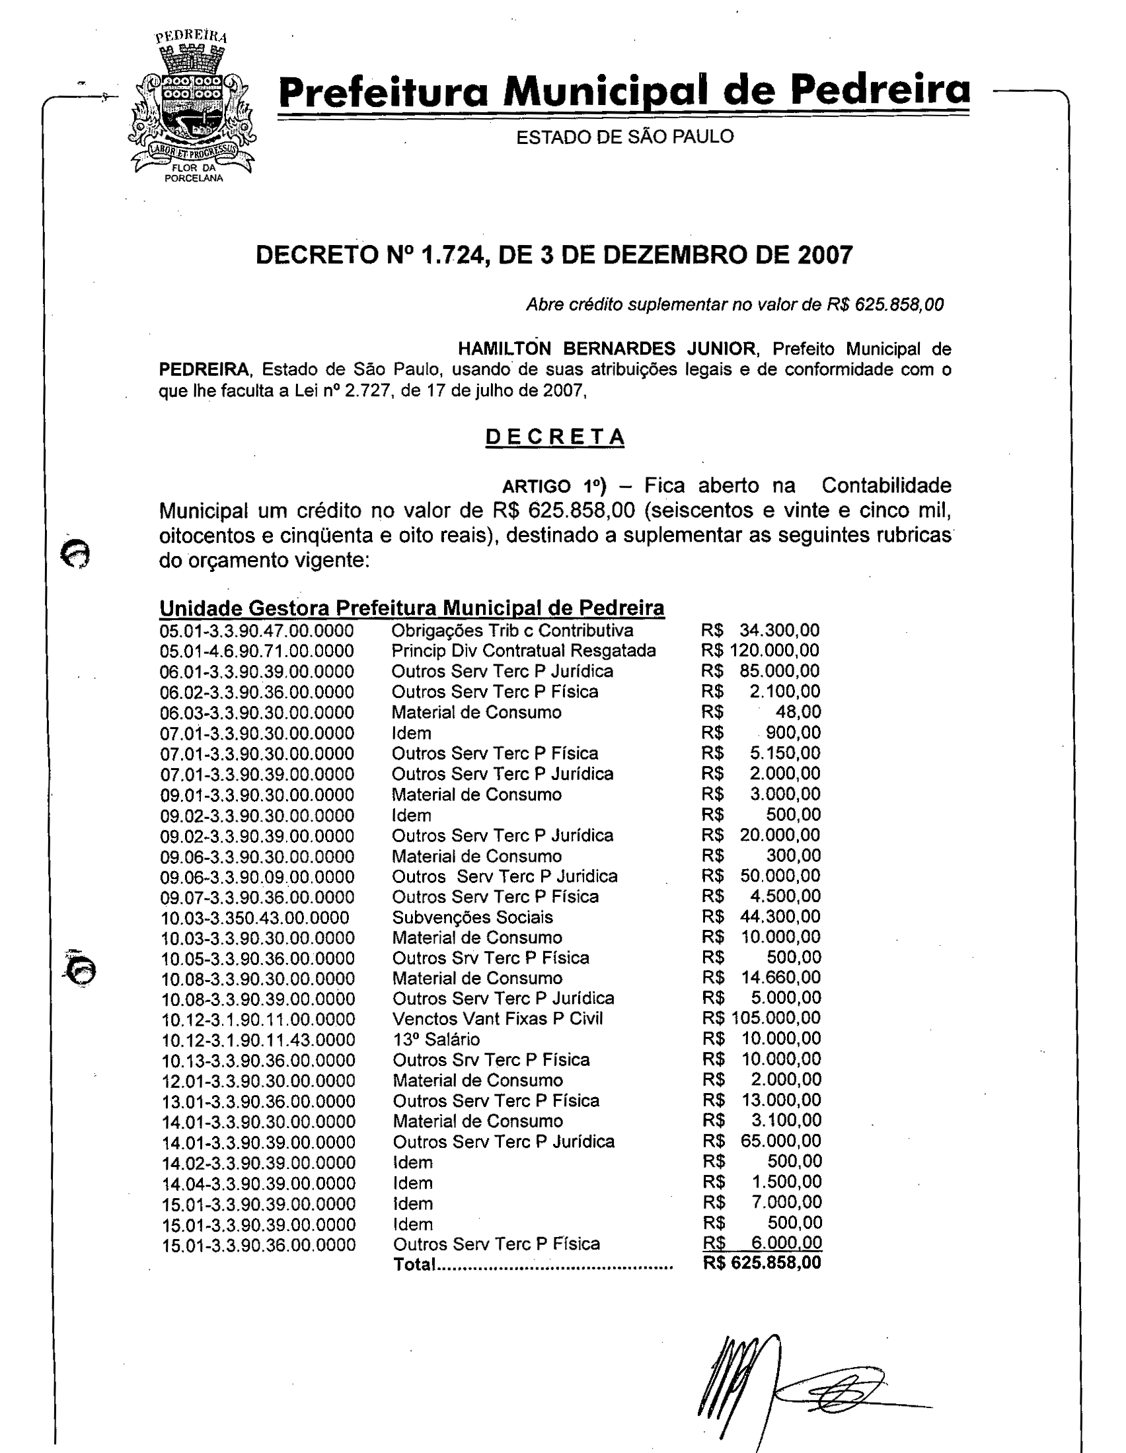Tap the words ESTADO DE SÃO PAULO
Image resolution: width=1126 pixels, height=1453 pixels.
coord(625,137)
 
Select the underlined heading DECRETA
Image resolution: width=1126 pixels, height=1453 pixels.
coord(554,437)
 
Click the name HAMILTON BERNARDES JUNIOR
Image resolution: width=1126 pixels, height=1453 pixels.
coord(606,349)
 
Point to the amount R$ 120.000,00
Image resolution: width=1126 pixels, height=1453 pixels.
coord(761,651)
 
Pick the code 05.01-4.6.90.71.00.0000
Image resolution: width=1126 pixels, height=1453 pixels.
coord(257,651)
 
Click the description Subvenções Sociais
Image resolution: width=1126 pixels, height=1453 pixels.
coord(472,917)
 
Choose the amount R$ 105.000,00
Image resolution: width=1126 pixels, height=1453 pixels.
coord(762,1018)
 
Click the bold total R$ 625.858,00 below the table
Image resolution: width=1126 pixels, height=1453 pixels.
coord(762,1263)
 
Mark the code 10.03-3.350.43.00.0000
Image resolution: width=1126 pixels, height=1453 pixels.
coord(256,918)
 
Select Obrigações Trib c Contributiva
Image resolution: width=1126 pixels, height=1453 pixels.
coord(512,631)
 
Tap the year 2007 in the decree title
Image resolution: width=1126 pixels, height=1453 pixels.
coord(825,256)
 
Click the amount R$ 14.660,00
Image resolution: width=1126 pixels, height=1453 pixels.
coord(762,977)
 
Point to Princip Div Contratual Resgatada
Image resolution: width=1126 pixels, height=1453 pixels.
coord(524,651)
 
